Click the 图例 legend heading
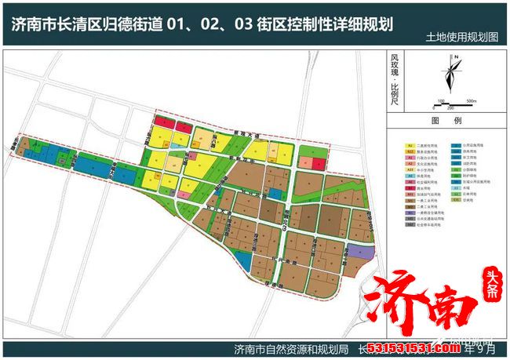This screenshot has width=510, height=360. coord(445,122)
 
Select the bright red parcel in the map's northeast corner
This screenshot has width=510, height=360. coord(318,163)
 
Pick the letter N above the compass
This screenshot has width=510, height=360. coord(454,57)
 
